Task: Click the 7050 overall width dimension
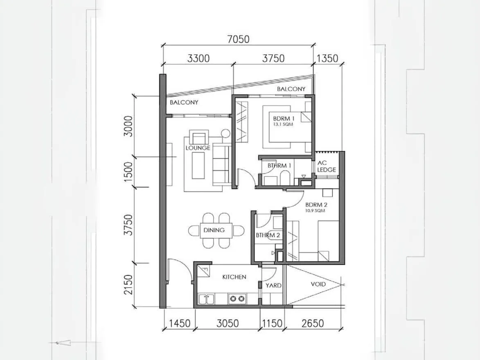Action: tap(238, 39)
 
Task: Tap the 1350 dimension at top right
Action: tap(327, 59)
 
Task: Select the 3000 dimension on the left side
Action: tap(128, 126)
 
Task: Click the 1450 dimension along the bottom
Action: tap(180, 324)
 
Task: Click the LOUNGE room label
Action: tap(198, 148)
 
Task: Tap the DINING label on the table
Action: tap(214, 230)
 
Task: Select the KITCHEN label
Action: tap(234, 277)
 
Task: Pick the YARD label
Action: tap(273, 285)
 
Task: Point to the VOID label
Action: tap(318, 284)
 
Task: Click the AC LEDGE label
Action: tap(326, 166)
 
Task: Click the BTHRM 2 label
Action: tap(268, 235)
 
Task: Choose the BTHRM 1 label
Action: tap(279, 166)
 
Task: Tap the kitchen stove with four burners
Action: tap(237, 299)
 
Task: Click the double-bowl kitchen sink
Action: tap(207, 299)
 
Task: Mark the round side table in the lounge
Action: tap(225, 133)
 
